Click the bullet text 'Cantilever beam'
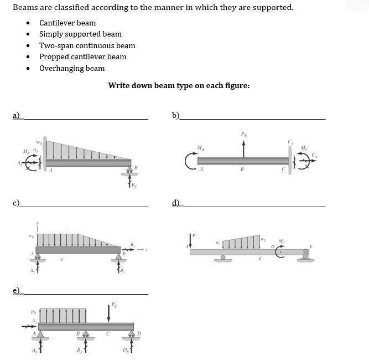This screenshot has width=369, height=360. [x=67, y=23]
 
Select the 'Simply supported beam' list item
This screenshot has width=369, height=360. [x=80, y=34]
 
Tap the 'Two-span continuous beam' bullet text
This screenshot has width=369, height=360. [x=87, y=45]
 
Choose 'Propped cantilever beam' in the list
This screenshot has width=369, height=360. [x=82, y=56]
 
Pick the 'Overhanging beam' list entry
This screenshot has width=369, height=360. [x=71, y=68]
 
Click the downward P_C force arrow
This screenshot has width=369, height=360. [x=109, y=312]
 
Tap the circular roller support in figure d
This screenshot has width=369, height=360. [x=223, y=258]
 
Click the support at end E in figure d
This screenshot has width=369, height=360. [x=305, y=255]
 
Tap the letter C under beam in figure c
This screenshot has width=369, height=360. [x=64, y=258]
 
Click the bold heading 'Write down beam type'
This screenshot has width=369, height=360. [x=179, y=85]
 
